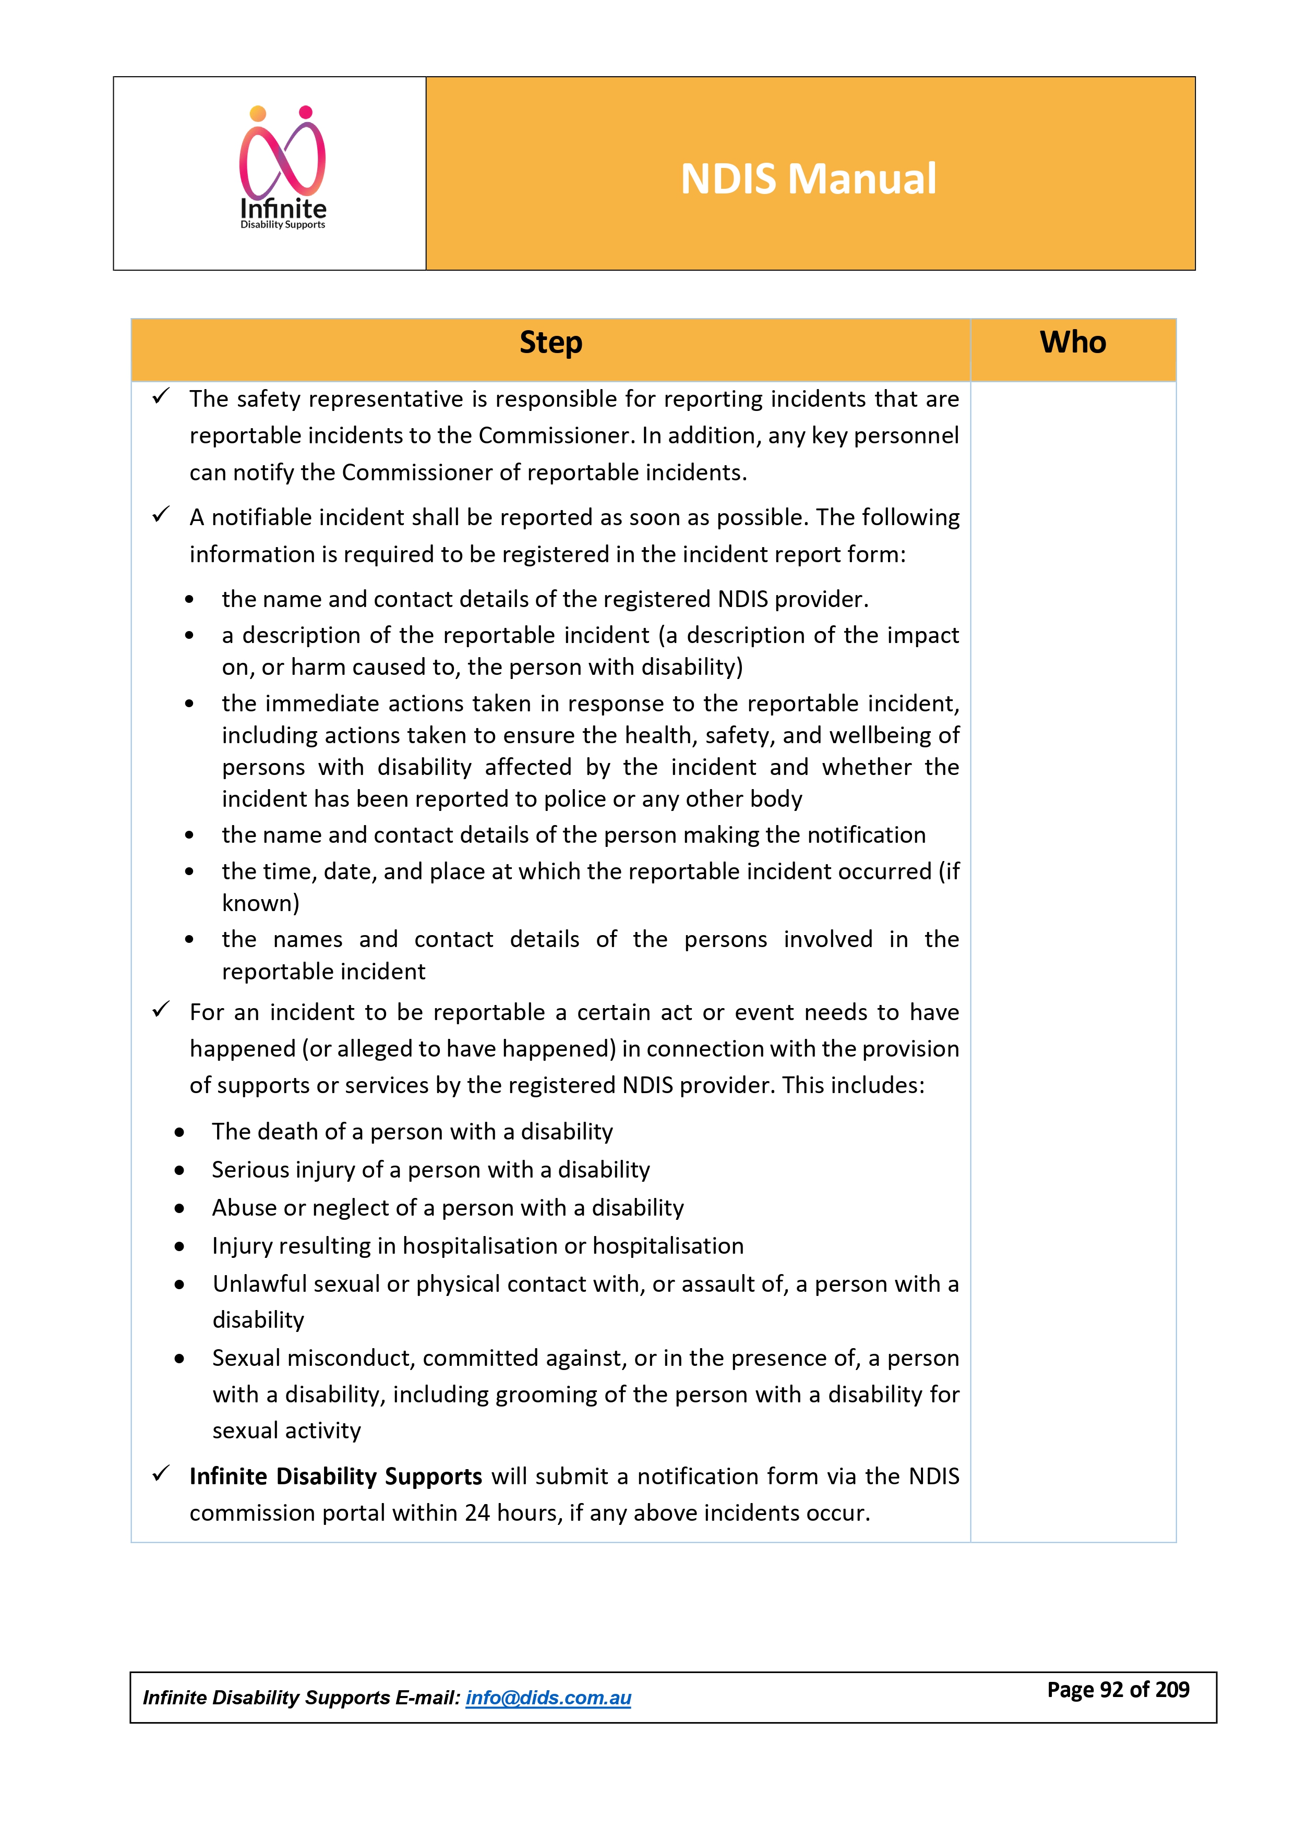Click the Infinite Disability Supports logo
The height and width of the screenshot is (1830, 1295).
pos(283,168)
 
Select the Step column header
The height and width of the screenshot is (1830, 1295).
pos(551,343)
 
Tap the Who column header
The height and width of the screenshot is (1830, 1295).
pos(1073,343)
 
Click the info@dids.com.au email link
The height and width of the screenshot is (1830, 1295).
pos(548,1698)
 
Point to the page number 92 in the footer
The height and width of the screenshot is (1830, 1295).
pos(1111,1690)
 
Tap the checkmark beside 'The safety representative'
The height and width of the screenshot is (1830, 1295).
pos(161,396)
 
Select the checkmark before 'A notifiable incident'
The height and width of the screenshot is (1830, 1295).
pos(161,515)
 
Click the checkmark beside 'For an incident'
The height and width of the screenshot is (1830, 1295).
pos(161,1010)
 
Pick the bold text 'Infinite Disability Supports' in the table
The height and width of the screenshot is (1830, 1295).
pos(335,1477)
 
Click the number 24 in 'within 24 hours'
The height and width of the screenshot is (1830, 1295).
pos(477,1513)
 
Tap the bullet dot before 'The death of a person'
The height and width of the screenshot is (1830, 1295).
pos(180,1133)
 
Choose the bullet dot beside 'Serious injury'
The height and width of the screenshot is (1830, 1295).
pos(180,1171)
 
